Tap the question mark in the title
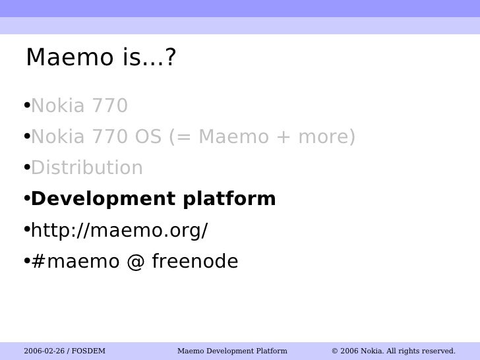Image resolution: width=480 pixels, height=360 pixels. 170,59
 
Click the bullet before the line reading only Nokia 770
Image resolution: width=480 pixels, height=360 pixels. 26,105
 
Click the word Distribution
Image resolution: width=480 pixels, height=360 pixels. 87,168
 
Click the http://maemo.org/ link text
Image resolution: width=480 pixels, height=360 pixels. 119,231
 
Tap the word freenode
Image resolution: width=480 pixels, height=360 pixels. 195,262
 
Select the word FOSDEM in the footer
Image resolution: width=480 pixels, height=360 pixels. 89,351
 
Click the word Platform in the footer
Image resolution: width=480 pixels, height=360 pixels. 271,351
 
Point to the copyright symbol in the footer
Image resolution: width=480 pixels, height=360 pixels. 335,351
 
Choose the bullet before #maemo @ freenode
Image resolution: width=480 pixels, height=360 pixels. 26,262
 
